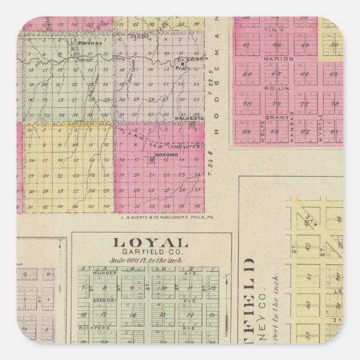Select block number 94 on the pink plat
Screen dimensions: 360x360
point(246,132)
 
